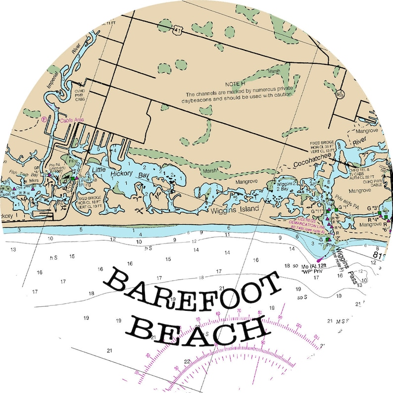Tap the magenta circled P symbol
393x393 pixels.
click(44, 119)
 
